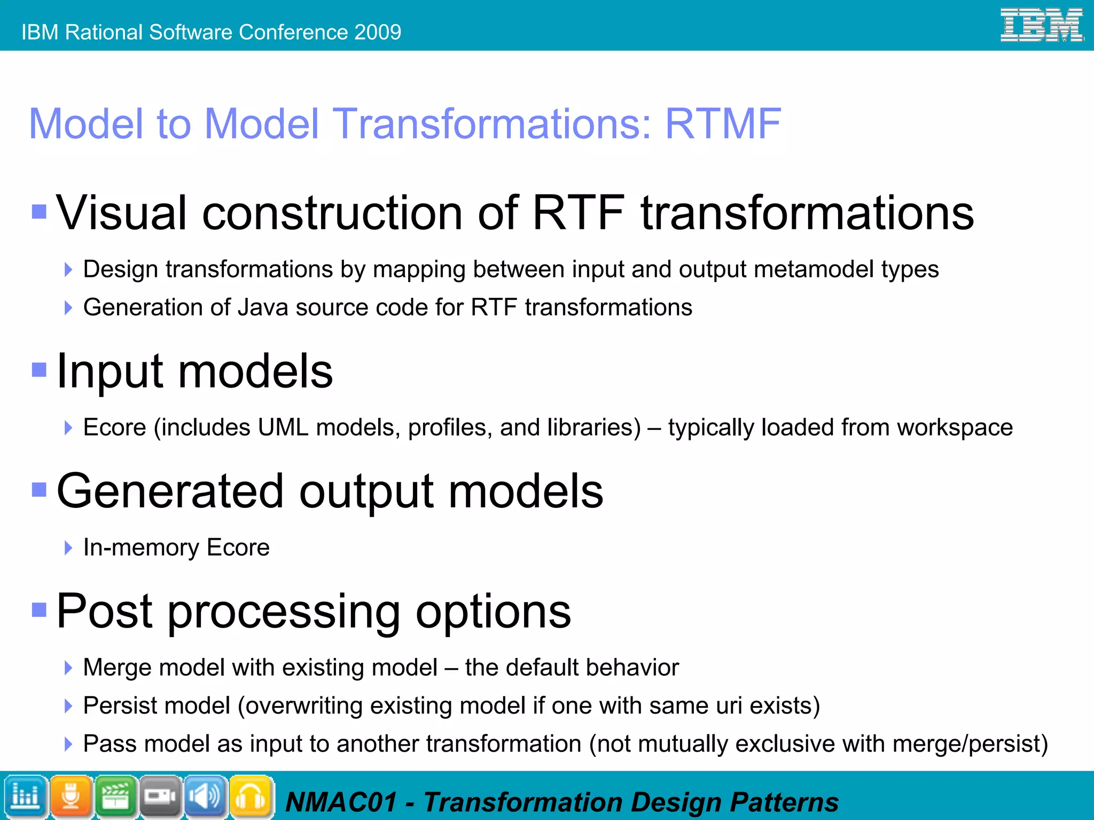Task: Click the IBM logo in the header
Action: click(1041, 25)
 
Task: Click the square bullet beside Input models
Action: click(40, 370)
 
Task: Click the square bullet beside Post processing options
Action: click(40, 609)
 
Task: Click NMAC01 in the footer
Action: click(341, 802)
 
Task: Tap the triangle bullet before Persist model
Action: click(68, 706)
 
